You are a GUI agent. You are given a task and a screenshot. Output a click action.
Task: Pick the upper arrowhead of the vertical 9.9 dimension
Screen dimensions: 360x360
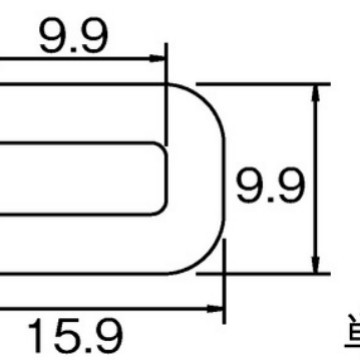318,91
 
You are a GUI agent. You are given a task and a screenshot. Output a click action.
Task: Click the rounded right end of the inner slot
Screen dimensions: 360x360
166,177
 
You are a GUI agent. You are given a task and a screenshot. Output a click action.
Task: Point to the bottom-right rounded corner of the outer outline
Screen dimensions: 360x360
205,256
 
